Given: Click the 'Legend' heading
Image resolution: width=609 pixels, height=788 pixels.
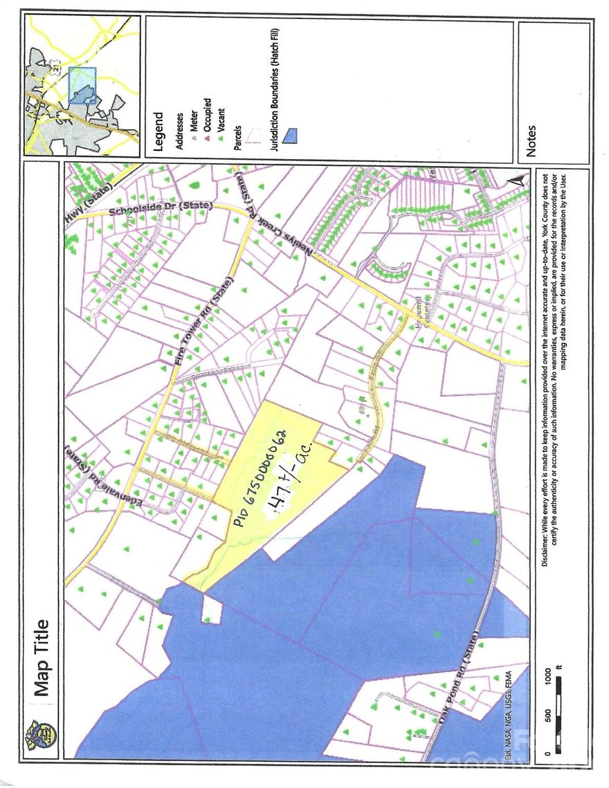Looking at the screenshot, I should click(x=158, y=132).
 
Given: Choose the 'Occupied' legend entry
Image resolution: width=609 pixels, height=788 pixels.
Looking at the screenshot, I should click(x=206, y=117).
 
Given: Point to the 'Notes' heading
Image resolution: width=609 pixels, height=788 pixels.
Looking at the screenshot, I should click(x=531, y=140).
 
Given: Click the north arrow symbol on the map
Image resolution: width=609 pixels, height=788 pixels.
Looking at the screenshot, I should click(x=516, y=180).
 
